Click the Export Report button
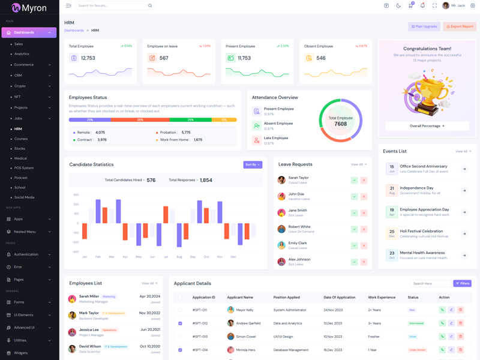point(460,26)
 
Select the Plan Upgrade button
point(424,26)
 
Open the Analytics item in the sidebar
point(22,54)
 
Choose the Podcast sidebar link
point(21,178)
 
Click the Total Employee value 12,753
point(88,58)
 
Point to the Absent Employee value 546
point(321,58)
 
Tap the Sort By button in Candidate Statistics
point(253,164)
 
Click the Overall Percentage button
point(427,126)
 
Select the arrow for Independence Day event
point(464,191)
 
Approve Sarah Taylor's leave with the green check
point(355,180)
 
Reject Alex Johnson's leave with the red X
point(364,262)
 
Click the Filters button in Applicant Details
point(462,283)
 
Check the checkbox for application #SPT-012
point(180,323)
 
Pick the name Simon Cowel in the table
point(245,337)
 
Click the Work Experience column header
point(382,297)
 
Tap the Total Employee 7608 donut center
point(340,121)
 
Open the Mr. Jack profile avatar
point(446,5)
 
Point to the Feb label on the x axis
point(98,257)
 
